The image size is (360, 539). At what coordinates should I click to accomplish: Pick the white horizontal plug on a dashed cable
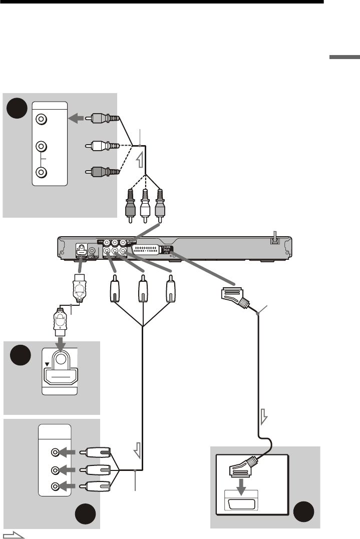click(x=103, y=146)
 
